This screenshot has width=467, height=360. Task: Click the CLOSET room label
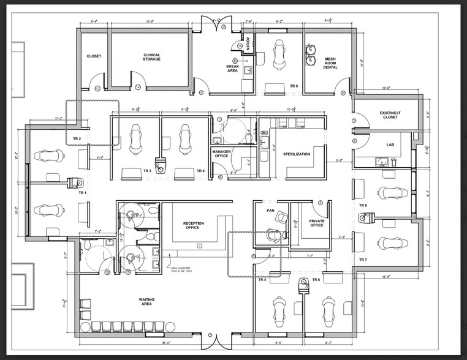[x=94, y=56]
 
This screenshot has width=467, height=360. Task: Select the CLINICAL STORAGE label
[x=151, y=57]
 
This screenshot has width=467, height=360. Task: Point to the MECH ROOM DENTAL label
[x=330, y=63]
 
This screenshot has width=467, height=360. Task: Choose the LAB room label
[x=390, y=144]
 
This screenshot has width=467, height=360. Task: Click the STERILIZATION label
[x=297, y=154]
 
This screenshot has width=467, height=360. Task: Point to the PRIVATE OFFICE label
[x=317, y=223]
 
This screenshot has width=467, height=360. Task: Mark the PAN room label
[x=270, y=210]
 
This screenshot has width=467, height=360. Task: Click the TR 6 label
[x=316, y=280]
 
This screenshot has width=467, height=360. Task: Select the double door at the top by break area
[x=214, y=24]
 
